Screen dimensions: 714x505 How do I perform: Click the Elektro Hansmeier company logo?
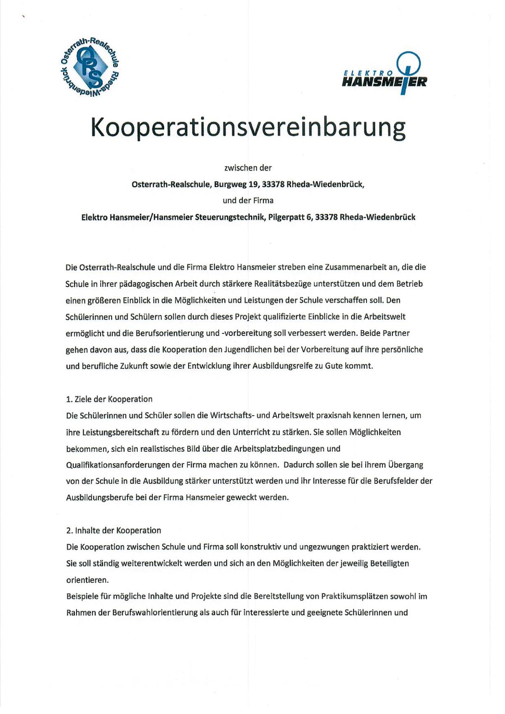point(385,74)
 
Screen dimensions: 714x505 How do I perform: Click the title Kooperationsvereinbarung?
point(248,127)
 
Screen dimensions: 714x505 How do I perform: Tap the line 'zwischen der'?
point(248,168)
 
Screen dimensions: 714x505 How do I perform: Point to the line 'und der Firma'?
point(248,201)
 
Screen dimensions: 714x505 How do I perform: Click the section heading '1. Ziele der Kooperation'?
point(109,399)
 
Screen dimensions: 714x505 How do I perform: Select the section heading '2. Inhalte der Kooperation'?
point(114,530)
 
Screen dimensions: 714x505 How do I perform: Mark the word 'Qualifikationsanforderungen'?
point(118,465)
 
